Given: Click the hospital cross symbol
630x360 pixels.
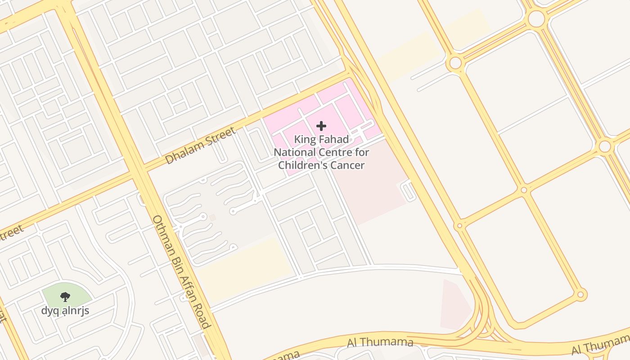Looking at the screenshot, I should tap(321, 126).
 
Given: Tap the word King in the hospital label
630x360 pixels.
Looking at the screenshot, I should tap(304, 139).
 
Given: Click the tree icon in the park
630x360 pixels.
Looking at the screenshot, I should tap(65, 297).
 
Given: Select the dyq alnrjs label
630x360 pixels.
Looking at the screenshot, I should tap(65, 310).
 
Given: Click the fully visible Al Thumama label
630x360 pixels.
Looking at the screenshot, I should tap(380, 342).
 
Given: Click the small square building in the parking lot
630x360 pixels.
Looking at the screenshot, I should tap(212, 217).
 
